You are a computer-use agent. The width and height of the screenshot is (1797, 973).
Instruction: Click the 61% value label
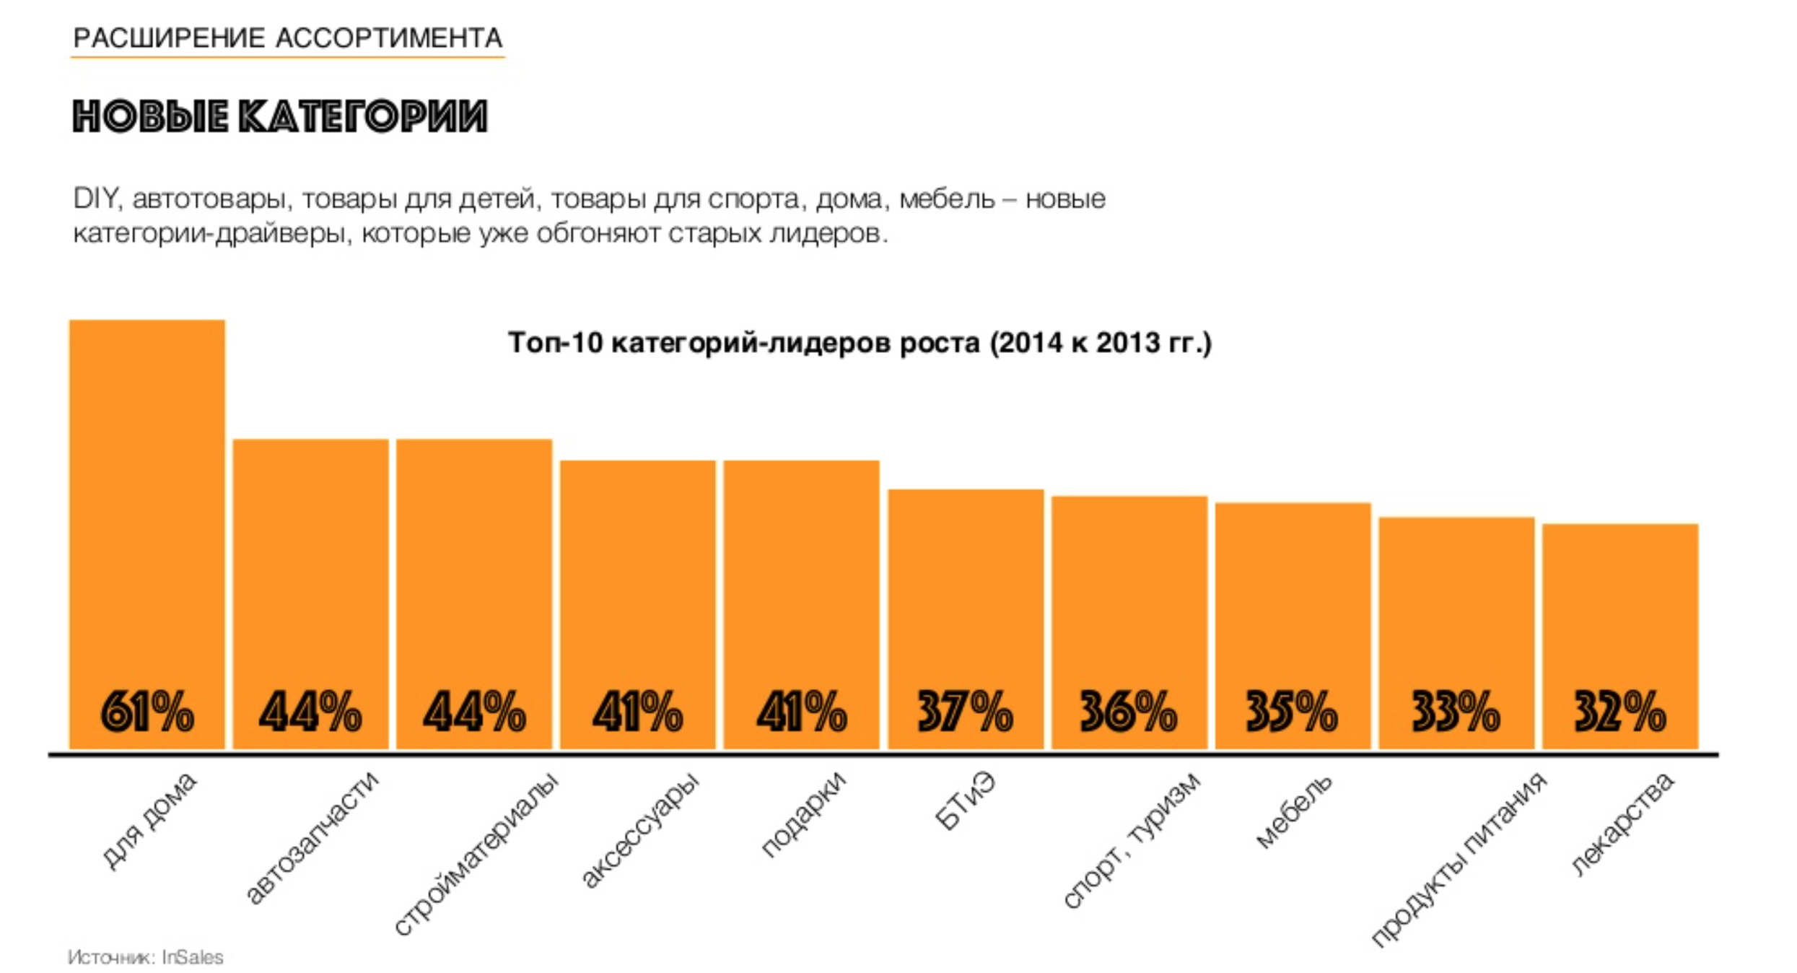(147, 712)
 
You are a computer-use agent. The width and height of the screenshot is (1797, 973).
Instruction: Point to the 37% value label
(965, 712)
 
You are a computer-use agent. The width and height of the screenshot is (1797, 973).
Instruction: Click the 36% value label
(1128, 712)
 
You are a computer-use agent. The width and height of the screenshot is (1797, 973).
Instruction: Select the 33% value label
(1456, 712)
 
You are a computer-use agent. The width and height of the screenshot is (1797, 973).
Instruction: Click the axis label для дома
(149, 821)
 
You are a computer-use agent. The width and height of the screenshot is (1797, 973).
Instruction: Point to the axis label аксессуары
(640, 830)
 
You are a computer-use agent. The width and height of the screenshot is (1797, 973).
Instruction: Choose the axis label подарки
(803, 815)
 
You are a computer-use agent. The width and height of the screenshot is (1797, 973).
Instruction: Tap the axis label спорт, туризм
(1132, 840)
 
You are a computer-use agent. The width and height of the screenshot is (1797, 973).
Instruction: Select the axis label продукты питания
(1459, 859)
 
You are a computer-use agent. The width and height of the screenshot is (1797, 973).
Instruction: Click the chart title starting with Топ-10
(860, 342)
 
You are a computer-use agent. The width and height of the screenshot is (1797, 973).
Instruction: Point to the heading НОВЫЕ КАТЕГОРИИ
(280, 116)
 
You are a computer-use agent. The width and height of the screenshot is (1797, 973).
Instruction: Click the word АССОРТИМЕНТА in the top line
(390, 38)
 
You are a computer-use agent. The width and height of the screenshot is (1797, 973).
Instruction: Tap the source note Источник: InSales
(146, 957)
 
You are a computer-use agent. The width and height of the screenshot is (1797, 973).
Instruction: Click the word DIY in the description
(95, 198)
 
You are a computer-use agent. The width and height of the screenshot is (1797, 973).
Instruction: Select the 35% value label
(1292, 712)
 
